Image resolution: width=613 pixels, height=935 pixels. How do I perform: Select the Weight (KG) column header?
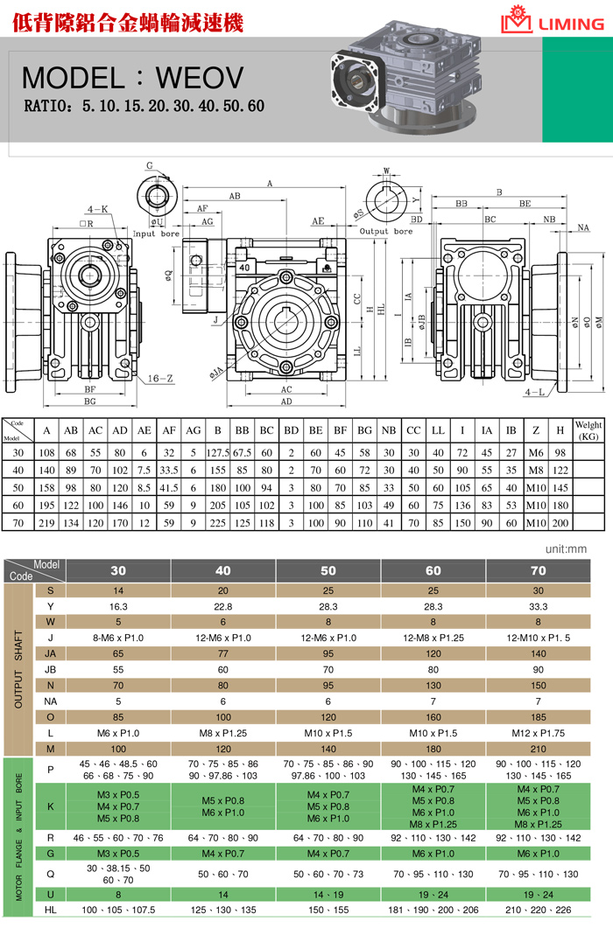(x=588, y=430)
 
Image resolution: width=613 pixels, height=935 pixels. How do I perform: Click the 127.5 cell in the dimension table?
(x=217, y=452)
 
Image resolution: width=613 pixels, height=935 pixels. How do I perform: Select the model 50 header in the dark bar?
(x=328, y=570)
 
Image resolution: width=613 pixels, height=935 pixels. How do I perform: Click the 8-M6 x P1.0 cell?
(x=118, y=637)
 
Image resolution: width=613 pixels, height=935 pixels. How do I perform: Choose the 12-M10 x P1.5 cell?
(x=538, y=637)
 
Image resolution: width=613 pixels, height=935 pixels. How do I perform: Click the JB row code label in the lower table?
(x=50, y=670)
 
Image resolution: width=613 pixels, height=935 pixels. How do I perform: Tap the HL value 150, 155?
(x=328, y=910)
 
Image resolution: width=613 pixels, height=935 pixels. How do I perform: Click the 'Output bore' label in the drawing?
(x=386, y=232)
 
